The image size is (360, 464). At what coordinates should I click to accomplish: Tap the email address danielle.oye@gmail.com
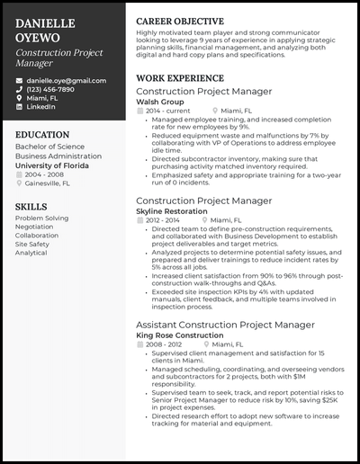point(66,80)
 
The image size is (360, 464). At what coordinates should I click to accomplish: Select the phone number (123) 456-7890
point(50,89)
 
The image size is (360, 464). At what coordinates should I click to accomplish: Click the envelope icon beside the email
point(19,80)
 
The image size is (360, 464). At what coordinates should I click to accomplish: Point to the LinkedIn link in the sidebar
point(40,107)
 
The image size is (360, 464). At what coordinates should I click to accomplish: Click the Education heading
point(42,135)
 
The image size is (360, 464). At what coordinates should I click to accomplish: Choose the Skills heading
point(31,207)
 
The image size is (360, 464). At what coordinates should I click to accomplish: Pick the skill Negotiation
point(35,227)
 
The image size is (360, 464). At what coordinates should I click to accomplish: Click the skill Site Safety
point(32,244)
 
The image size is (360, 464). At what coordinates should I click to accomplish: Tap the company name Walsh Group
point(160,103)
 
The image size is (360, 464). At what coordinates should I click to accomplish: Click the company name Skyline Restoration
point(174,211)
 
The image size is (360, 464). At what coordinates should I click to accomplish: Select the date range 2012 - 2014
point(163,220)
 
